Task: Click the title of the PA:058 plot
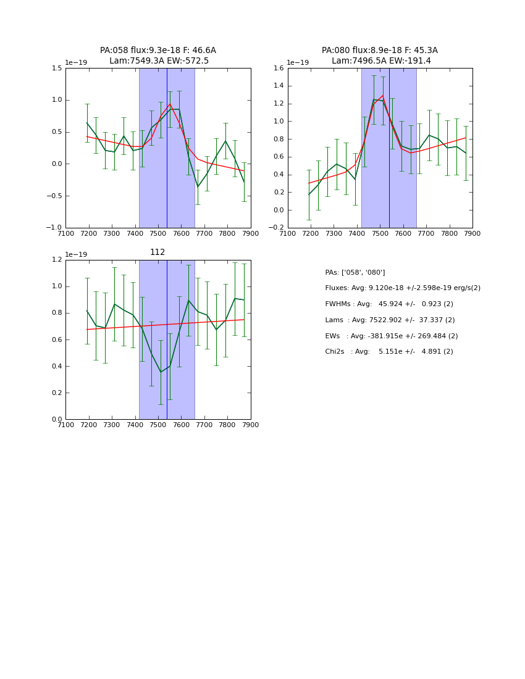(158, 56)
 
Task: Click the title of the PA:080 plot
(380, 56)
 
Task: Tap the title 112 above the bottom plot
(157, 252)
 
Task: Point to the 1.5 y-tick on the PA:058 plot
(56, 68)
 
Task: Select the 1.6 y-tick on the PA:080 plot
(278, 68)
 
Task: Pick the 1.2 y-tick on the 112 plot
(56, 260)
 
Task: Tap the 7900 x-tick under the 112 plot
(250, 425)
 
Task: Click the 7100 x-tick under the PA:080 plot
(288, 233)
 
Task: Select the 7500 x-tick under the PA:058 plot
(158, 233)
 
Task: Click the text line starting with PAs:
(355, 272)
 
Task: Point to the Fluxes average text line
(403, 288)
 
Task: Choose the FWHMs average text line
(389, 304)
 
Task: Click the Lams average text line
(390, 320)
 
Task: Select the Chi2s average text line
(389, 352)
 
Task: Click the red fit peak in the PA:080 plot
(383, 96)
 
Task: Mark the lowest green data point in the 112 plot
(161, 372)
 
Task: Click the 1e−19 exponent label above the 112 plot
(77, 254)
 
